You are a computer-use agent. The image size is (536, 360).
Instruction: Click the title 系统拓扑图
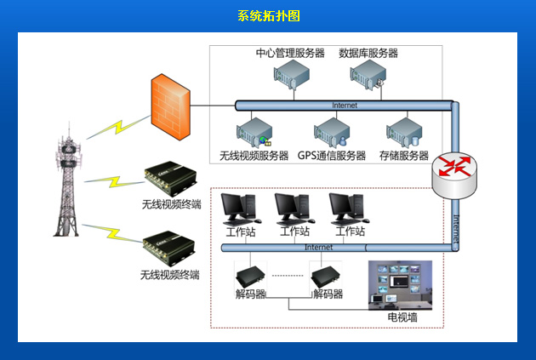pos(268,16)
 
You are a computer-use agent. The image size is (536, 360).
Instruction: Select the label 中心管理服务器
pos(290,53)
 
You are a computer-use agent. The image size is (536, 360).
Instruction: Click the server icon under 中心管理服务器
pos(290,76)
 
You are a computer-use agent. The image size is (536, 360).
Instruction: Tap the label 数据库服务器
pos(368,53)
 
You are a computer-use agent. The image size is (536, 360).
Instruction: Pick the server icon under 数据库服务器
pos(368,77)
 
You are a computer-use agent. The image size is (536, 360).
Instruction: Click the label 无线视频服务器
pos(254,156)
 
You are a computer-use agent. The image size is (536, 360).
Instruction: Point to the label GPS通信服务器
pos(332,156)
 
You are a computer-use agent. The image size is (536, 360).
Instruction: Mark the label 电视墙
pos(402,317)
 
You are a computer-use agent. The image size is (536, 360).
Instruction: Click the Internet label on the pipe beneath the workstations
pos(319,248)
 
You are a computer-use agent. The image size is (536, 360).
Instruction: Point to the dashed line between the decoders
pos(289,275)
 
